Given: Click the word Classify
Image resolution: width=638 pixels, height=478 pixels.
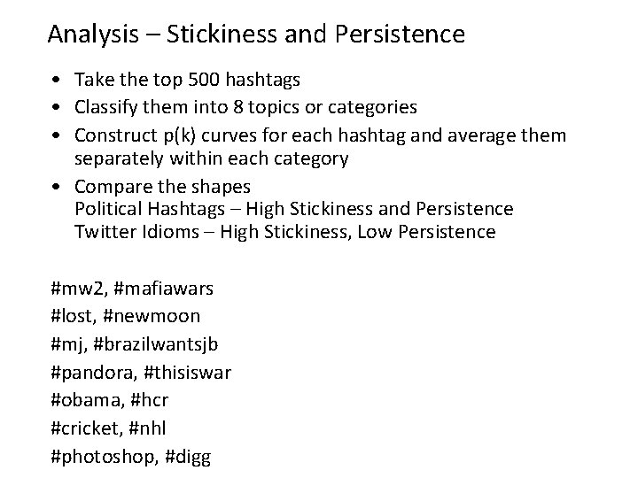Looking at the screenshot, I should (106, 108).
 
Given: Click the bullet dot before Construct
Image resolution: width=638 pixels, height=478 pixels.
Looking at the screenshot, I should (56, 135).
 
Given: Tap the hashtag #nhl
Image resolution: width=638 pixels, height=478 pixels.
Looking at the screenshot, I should (147, 428).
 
